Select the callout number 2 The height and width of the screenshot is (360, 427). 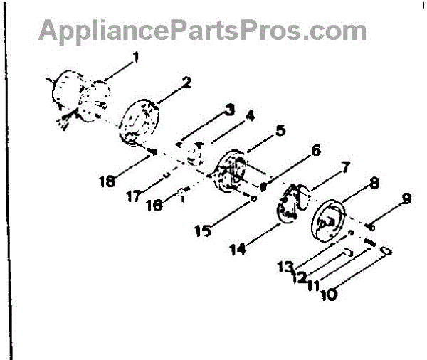click(x=186, y=82)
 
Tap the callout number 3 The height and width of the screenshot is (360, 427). click(x=230, y=110)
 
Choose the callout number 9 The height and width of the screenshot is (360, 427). click(x=406, y=200)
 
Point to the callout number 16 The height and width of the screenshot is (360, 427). click(x=154, y=205)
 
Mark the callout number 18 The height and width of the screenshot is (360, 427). click(x=108, y=181)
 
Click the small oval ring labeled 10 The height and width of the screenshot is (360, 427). click(x=385, y=252)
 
